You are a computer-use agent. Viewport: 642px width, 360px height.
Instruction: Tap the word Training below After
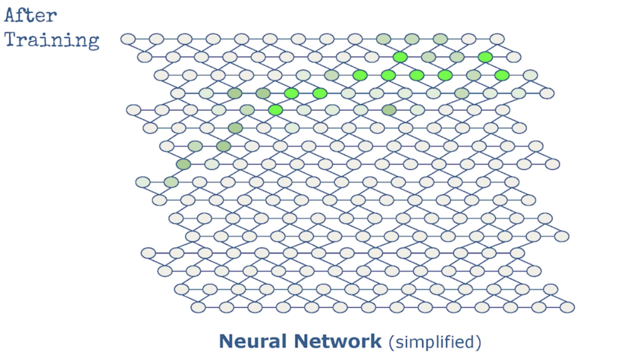pos(52,40)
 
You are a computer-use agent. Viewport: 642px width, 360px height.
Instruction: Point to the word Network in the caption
pos(342,341)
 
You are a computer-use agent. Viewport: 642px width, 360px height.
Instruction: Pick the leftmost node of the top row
pos(128,39)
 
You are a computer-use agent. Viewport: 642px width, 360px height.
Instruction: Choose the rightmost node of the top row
pos(497,39)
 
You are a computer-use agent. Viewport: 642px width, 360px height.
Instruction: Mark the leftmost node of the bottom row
pos(198,307)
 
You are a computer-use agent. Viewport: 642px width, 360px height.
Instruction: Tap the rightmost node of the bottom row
pos(567,307)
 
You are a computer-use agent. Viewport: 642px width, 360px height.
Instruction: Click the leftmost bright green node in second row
pos(400,57)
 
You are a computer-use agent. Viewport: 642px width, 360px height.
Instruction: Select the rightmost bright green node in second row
pos(485,57)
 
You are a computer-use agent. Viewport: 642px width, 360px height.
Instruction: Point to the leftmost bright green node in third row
pos(360,75)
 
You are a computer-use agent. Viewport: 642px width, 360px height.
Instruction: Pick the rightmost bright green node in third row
pos(502,75)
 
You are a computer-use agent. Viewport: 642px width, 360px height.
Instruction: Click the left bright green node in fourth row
pos(291,93)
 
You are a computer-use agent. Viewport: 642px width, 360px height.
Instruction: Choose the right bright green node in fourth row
pos(320,93)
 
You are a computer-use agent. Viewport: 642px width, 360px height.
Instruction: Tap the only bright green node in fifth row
pos(275,110)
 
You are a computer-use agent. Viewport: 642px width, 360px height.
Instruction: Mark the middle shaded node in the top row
pos(411,39)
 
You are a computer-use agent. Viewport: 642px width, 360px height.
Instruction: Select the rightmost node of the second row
pos(513,57)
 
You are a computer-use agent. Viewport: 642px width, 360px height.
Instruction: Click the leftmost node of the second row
pos(145,57)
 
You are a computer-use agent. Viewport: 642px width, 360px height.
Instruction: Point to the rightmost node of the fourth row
pos(547,93)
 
